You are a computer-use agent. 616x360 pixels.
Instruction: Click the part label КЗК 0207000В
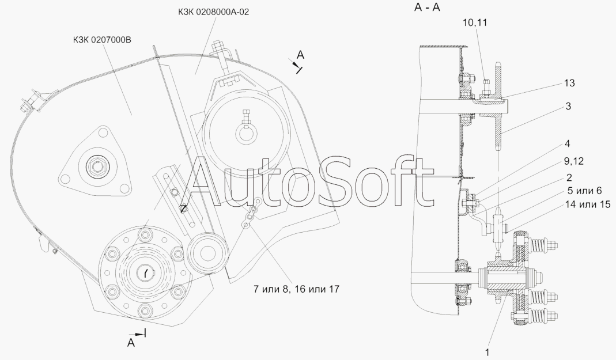pyautogui.click(x=102, y=40)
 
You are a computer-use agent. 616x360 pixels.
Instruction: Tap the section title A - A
pyautogui.click(x=427, y=7)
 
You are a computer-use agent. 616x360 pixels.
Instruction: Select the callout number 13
pyautogui.click(x=569, y=83)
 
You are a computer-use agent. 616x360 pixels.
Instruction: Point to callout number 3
pyautogui.click(x=569, y=107)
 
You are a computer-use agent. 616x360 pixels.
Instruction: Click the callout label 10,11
pyautogui.click(x=475, y=23)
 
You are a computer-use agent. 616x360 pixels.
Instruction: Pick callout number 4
pyautogui.click(x=567, y=144)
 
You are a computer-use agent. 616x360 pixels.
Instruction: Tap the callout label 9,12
pyautogui.click(x=573, y=161)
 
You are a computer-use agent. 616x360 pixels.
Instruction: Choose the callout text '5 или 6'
pyautogui.click(x=584, y=191)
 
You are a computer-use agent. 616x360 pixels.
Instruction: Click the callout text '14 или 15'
pyautogui.click(x=588, y=204)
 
